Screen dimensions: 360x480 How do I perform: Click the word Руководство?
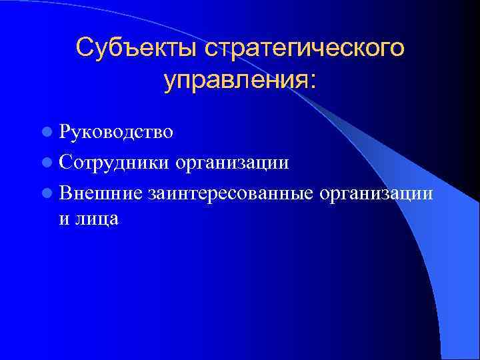coord(116,132)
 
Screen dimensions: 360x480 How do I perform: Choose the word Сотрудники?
coord(114,163)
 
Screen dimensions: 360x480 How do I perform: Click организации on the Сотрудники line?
coord(232,163)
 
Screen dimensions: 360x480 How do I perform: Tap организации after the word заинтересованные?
coord(378,194)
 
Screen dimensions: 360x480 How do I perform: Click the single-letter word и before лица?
coord(64,219)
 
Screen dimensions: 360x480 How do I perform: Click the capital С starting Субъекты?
coord(85,48)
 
